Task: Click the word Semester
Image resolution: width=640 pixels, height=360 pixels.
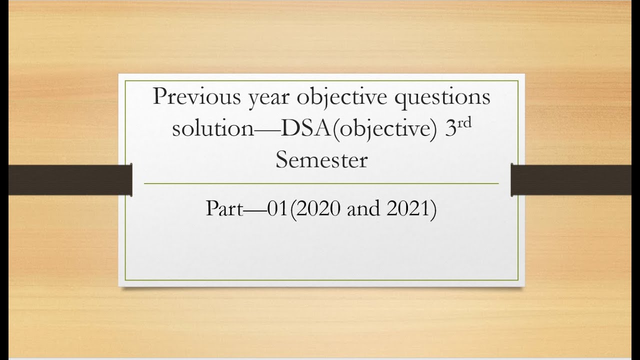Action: [x=321, y=160]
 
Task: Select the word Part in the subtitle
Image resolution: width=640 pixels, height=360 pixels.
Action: [x=224, y=209]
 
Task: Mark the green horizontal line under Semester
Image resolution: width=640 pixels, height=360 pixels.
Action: [x=321, y=183]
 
